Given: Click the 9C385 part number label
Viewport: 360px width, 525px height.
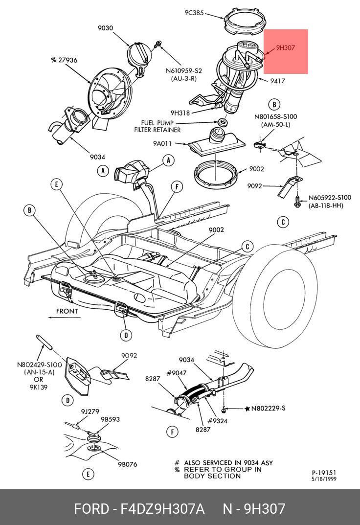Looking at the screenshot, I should point(194,13).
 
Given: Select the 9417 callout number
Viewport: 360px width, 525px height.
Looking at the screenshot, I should point(277,81).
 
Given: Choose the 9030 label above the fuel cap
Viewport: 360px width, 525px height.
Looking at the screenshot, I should point(105,28).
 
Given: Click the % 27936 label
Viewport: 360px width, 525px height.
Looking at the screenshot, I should point(64,60).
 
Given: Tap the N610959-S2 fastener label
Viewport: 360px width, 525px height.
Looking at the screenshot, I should point(183,71).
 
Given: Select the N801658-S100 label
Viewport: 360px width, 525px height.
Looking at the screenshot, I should point(275,117).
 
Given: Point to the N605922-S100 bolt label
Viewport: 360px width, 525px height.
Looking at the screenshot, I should point(330,198).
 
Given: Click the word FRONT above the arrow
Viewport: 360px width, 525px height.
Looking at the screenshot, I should point(67,311).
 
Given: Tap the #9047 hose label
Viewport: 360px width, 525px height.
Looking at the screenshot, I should point(177,373).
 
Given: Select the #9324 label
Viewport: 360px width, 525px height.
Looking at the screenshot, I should point(217,420).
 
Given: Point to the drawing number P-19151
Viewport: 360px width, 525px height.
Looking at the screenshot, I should point(324,473).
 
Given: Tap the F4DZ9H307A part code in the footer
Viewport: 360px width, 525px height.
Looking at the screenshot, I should point(163,509).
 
